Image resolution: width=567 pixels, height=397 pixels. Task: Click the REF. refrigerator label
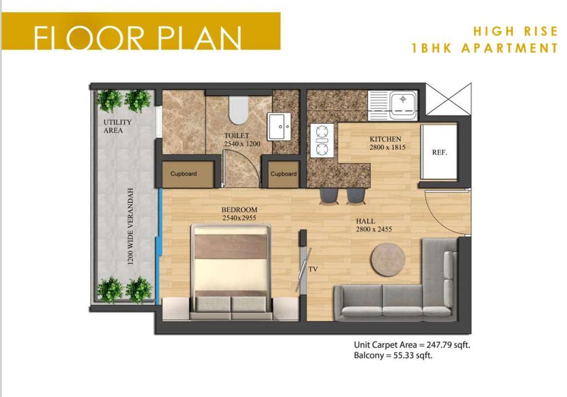(439, 152)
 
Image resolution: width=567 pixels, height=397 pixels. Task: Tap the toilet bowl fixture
(239, 110)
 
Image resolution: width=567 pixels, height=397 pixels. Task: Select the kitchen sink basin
(403, 101)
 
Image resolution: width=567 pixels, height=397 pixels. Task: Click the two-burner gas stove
(322, 140)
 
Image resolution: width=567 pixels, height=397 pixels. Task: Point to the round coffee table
(388, 259)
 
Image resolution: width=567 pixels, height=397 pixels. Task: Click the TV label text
(313, 269)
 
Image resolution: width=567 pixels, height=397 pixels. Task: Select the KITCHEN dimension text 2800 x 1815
(387, 147)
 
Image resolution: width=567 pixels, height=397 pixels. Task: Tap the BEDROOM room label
(239, 210)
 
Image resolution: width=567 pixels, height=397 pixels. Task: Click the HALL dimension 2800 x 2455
(374, 230)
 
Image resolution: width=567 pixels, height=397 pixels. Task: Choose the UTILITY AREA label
(117, 126)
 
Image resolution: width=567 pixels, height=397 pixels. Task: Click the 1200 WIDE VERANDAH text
(131, 226)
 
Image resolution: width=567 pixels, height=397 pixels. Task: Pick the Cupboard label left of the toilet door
(184, 174)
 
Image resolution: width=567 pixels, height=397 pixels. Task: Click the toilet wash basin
(279, 126)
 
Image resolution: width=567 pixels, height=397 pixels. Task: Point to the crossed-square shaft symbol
(449, 99)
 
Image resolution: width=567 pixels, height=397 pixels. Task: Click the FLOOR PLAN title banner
(141, 31)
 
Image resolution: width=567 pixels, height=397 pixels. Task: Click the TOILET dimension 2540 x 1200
(242, 144)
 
